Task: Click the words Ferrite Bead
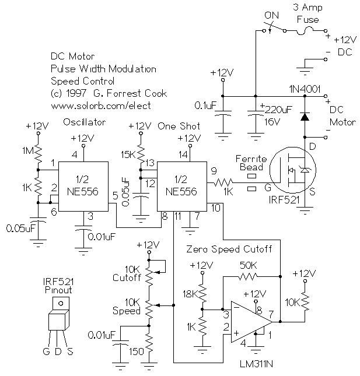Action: [251, 163]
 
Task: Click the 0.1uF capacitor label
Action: [205, 106]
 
